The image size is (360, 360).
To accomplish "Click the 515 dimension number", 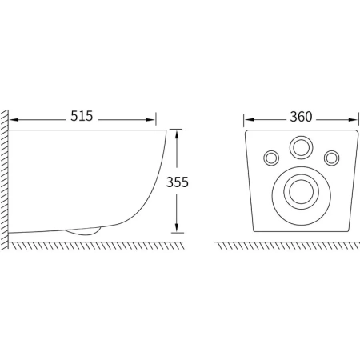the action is point(82,116).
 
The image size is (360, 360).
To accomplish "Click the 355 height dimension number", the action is point(178,182).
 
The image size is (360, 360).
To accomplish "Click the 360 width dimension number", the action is point(301,117).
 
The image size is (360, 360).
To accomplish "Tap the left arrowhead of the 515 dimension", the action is point(14,120).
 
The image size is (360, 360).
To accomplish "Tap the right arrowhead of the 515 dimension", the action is point(150,120).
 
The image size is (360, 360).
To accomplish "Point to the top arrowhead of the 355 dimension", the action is point(177,134).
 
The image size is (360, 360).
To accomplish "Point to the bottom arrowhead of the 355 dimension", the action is point(177,227).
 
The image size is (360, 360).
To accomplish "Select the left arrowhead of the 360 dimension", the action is point(249,120).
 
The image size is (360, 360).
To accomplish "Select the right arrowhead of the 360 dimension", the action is point(354,120).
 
